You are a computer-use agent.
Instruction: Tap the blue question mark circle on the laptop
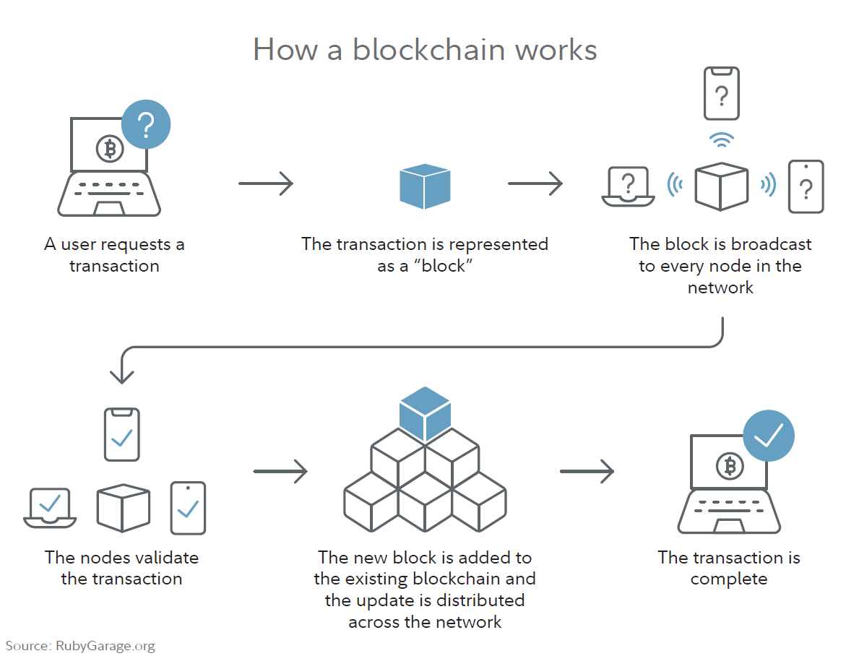[x=146, y=125]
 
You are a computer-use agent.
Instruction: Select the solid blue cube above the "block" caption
[x=425, y=186]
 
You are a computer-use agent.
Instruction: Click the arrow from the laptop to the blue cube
[x=266, y=184]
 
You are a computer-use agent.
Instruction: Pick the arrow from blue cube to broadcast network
[x=535, y=184]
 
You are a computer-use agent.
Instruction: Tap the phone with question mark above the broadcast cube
[x=721, y=94]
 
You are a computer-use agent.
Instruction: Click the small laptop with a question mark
[x=629, y=187]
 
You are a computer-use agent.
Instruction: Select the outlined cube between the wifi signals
[x=720, y=186]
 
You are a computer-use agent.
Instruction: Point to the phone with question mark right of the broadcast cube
[x=806, y=186]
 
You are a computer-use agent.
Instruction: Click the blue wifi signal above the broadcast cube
[x=721, y=139]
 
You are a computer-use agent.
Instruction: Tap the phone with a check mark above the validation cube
[x=121, y=434]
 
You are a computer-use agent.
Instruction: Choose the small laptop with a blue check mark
[x=50, y=507]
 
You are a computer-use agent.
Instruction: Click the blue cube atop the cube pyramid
[x=425, y=413]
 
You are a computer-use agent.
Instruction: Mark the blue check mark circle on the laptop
[x=769, y=436]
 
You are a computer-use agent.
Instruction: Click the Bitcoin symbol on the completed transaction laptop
[x=730, y=467]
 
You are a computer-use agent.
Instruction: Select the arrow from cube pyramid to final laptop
[x=587, y=472]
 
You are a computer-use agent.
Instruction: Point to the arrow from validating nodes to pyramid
[x=280, y=472]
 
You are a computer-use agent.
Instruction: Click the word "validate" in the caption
[x=165, y=558]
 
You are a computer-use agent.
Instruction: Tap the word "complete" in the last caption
[x=728, y=579]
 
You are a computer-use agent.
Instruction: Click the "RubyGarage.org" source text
[x=105, y=646]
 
